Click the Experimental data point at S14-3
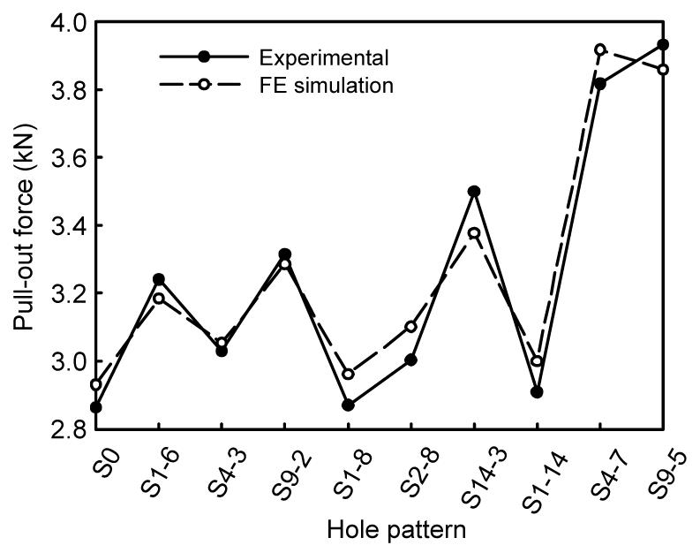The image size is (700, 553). pos(474,192)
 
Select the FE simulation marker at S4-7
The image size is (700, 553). pos(600,49)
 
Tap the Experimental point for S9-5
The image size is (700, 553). pos(664,44)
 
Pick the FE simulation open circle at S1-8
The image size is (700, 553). pos(348,375)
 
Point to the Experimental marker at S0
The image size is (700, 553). pos(96,407)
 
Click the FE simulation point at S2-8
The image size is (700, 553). pos(411,327)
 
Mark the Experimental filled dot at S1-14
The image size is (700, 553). pos(537,392)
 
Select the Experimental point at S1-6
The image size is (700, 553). pos(159,279)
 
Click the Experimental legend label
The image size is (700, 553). pos(324,57)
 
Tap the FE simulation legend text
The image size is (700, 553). pos(327,85)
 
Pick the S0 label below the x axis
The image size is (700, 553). pos(107,465)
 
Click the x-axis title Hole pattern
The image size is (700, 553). pos(396,530)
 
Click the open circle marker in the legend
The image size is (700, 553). pos(204,84)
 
